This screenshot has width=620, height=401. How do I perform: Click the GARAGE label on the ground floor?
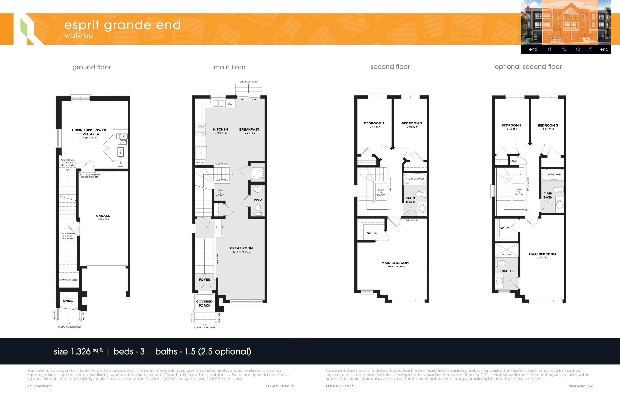(x=103, y=216)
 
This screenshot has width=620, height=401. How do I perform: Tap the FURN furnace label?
(x=123, y=140)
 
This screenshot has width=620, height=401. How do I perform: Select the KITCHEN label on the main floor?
(x=221, y=129)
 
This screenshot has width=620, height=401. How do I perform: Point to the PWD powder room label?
(x=257, y=200)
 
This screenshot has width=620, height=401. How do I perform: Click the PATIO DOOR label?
(x=248, y=100)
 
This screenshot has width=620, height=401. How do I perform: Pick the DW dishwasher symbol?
(x=230, y=104)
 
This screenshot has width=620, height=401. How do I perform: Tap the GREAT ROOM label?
(x=241, y=248)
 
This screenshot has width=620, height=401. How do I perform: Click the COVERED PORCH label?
(x=204, y=303)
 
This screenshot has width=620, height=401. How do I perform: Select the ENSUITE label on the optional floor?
(x=506, y=271)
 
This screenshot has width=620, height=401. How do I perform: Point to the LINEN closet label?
(x=513, y=161)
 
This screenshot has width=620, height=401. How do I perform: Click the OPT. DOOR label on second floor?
(x=411, y=220)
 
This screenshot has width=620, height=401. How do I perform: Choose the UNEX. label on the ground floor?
(x=68, y=301)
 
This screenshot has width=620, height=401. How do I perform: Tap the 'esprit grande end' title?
(x=123, y=25)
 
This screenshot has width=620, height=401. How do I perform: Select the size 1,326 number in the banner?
(x=81, y=352)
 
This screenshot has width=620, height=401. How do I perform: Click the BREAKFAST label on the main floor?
(x=249, y=129)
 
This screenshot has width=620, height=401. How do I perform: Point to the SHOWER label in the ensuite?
(x=506, y=255)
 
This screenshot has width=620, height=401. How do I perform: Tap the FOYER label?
(x=204, y=280)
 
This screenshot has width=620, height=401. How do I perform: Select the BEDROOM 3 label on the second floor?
(x=412, y=123)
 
